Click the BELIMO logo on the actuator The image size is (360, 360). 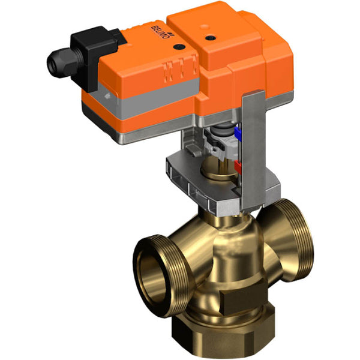[157, 33]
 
